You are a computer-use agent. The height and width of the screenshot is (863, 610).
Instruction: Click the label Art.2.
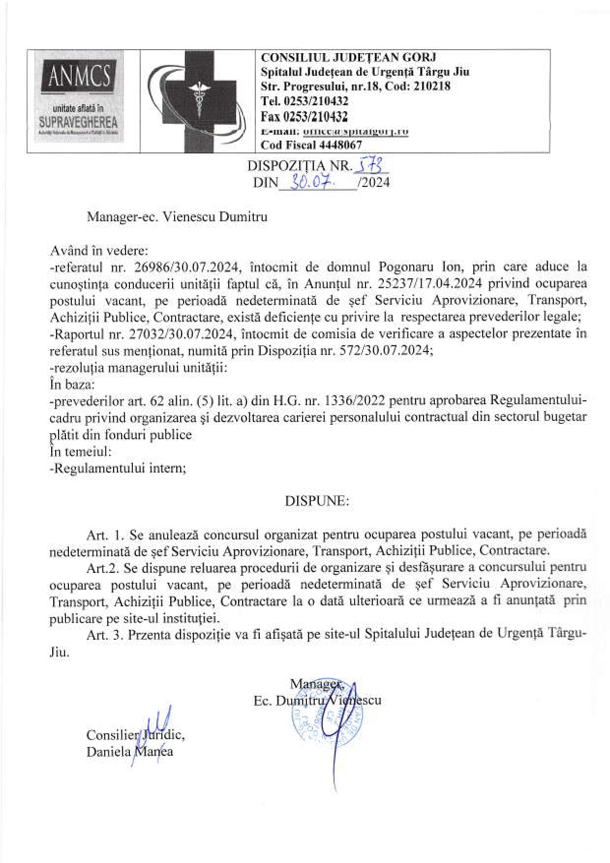pos(103,567)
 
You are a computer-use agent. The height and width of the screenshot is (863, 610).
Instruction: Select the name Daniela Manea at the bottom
pos(129,751)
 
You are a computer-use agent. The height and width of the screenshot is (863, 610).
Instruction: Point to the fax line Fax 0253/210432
pos(305,117)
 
